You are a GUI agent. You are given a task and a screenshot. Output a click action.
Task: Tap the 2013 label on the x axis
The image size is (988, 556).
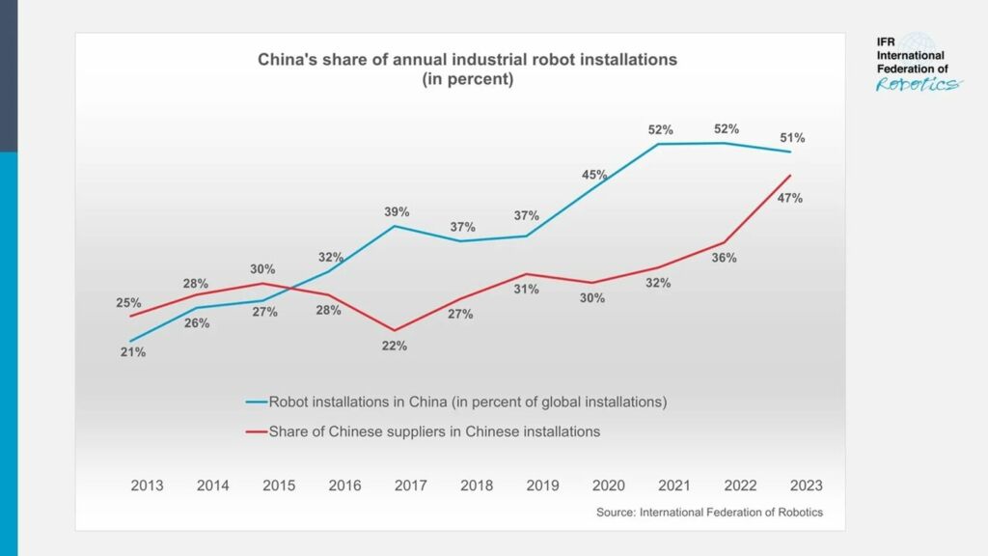coord(147,486)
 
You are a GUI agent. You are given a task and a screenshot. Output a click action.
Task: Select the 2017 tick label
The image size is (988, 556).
coord(411,486)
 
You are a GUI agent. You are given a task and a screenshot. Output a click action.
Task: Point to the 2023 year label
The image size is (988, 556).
coord(807,486)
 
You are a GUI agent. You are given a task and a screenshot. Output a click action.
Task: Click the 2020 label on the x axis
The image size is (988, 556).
coord(609,486)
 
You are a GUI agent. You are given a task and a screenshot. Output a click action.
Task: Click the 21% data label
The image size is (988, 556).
coord(133,352)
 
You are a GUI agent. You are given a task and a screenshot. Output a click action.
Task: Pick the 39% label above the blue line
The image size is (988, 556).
coord(397,211)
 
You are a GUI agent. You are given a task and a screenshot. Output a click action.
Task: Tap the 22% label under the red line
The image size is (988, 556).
coord(395,346)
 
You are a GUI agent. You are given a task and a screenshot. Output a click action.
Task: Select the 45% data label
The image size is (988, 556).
coord(594,175)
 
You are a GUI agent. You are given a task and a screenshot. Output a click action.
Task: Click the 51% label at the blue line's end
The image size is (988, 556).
coord(792,138)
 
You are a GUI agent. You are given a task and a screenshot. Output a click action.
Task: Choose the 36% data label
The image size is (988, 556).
coord(725,258)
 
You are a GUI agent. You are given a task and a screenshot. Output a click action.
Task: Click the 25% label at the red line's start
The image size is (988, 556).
coord(128,302)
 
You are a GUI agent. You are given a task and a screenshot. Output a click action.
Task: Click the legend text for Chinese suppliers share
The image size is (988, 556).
coord(434,431)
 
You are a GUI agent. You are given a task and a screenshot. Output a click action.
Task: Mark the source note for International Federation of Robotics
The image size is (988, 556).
coord(709,513)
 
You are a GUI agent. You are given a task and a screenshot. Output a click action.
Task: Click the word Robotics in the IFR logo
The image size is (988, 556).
coord(918,84)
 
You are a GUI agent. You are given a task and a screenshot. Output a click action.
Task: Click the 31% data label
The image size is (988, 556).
coord(527,289)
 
